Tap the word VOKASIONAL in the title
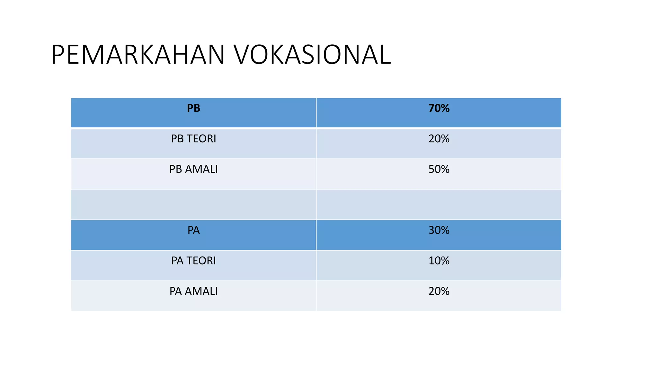click(312, 55)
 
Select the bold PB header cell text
click(193, 108)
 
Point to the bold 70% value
click(439, 108)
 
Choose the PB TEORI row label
click(193, 139)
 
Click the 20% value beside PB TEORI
click(439, 139)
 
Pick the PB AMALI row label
click(193, 169)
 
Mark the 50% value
click(439, 169)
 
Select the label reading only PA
click(193, 230)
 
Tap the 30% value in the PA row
click(439, 230)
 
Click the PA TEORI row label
click(193, 261)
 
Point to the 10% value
click(439, 261)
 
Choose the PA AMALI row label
click(193, 291)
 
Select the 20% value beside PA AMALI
click(439, 291)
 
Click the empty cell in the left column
click(193, 205)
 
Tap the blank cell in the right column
click(439, 205)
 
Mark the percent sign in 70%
click(445, 108)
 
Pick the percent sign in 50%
click(445, 169)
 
